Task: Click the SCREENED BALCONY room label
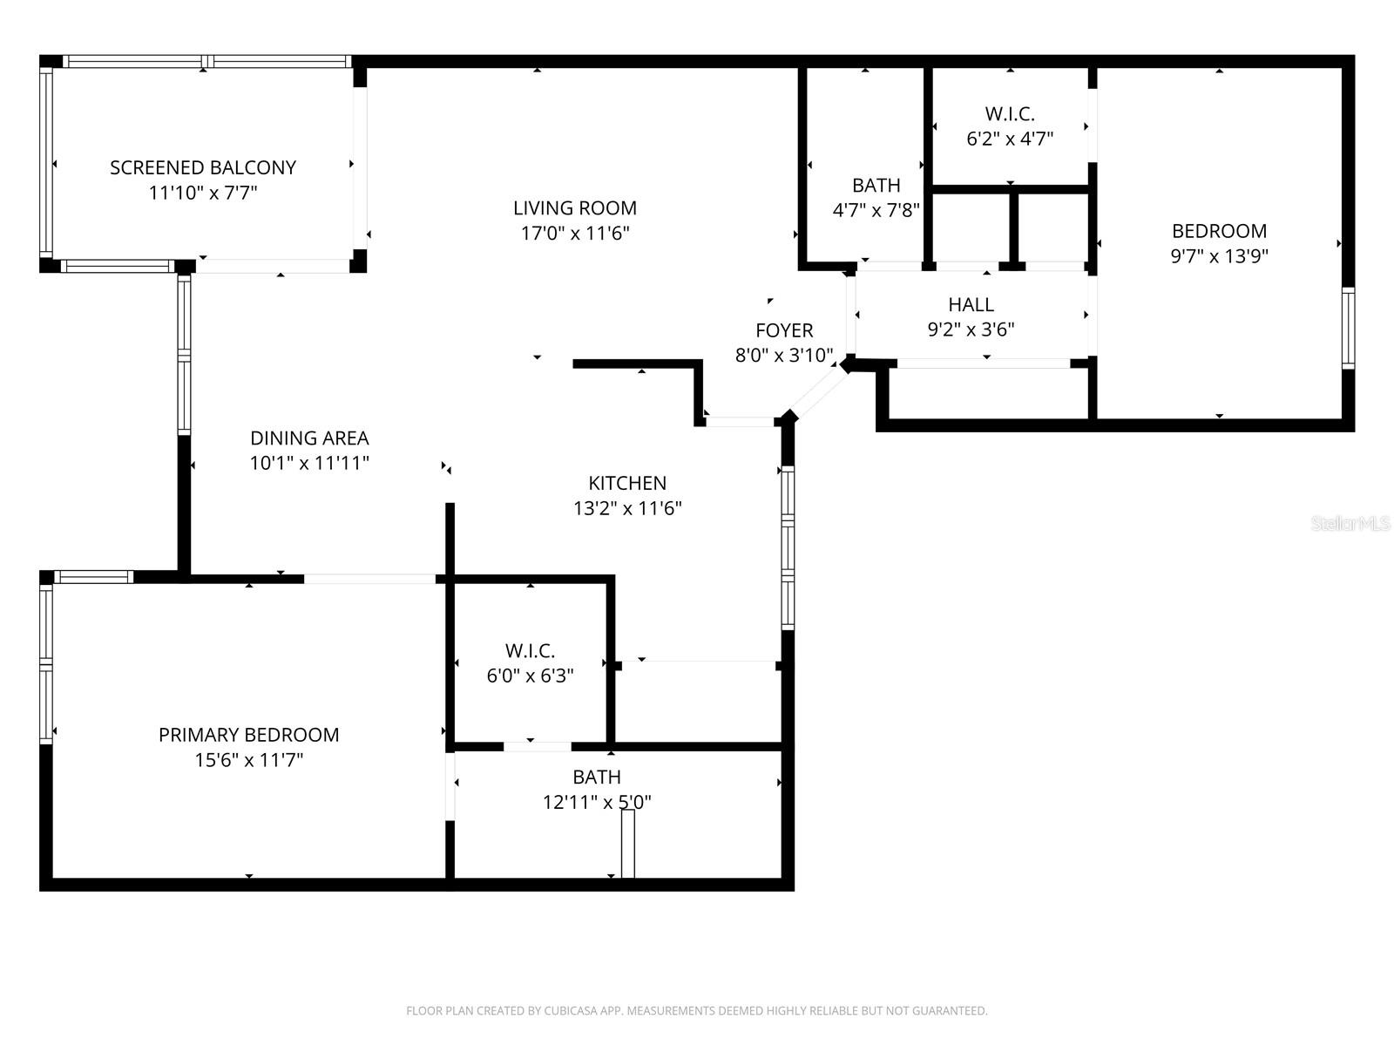tap(203, 167)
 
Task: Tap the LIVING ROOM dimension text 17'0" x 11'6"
tap(575, 234)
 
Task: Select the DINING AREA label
tap(309, 438)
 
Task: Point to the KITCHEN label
tap(627, 483)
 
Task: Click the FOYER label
tap(784, 330)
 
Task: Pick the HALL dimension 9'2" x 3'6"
tap(971, 329)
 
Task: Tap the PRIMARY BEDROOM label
tap(248, 735)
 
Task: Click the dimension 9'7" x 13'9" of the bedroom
tap(1219, 256)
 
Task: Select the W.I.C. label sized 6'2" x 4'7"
tap(1010, 114)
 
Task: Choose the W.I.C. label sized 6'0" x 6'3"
tap(530, 651)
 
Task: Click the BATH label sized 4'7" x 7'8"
tap(876, 186)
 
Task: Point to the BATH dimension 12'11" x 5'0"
tap(597, 802)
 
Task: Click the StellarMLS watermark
tap(1350, 524)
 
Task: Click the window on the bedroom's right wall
tap(1348, 328)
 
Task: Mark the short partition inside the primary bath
tap(627, 844)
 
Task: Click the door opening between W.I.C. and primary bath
tap(538, 746)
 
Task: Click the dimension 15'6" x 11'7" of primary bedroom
tap(248, 760)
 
